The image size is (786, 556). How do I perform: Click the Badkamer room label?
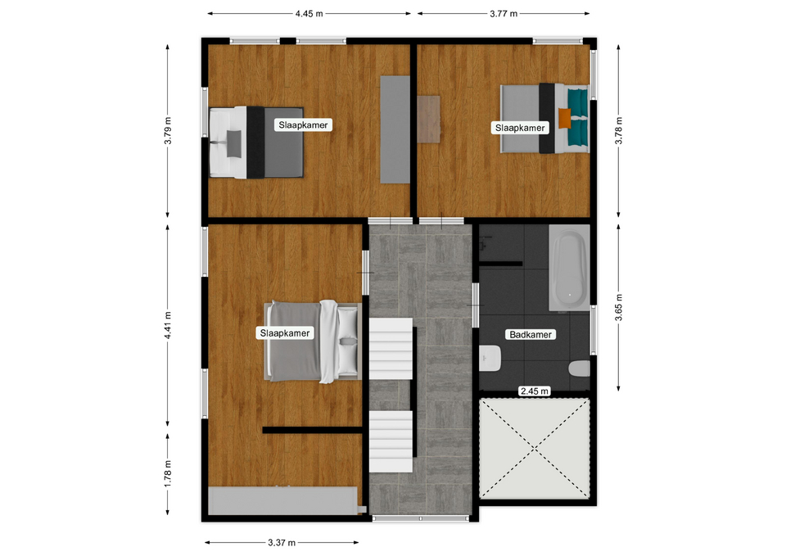pyautogui.click(x=531, y=334)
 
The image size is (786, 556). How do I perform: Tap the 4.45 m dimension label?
pyautogui.click(x=309, y=14)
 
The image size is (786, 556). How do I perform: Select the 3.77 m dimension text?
pyautogui.click(x=504, y=14)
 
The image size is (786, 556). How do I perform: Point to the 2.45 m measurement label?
pyautogui.click(x=535, y=391)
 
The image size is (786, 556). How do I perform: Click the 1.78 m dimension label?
pyautogui.click(x=168, y=473)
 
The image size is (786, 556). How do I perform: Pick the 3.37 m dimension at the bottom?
pyautogui.click(x=282, y=542)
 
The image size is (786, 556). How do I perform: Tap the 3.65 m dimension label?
pyautogui.click(x=619, y=307)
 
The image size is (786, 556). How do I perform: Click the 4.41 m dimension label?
pyautogui.click(x=168, y=325)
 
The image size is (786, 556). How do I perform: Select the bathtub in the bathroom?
pyautogui.click(x=570, y=267)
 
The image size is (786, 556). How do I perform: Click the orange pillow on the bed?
pyautogui.click(x=565, y=118)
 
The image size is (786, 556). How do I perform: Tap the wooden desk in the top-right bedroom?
pyautogui.click(x=428, y=120)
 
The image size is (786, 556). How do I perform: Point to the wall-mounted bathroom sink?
pyautogui.click(x=490, y=359)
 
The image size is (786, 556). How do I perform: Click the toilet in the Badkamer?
pyautogui.click(x=580, y=369)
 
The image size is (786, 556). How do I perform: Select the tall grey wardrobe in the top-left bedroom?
pyautogui.click(x=395, y=129)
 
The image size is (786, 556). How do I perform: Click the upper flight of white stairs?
pyautogui.click(x=391, y=349)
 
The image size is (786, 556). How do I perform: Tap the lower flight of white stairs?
pyautogui.click(x=391, y=441)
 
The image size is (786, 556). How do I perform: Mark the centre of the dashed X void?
pyautogui.click(x=535, y=448)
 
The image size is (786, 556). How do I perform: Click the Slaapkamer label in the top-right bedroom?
pyautogui.click(x=520, y=128)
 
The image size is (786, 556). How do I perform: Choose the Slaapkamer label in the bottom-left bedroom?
pyautogui.click(x=285, y=333)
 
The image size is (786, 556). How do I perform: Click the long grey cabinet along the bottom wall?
pyautogui.click(x=283, y=500)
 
